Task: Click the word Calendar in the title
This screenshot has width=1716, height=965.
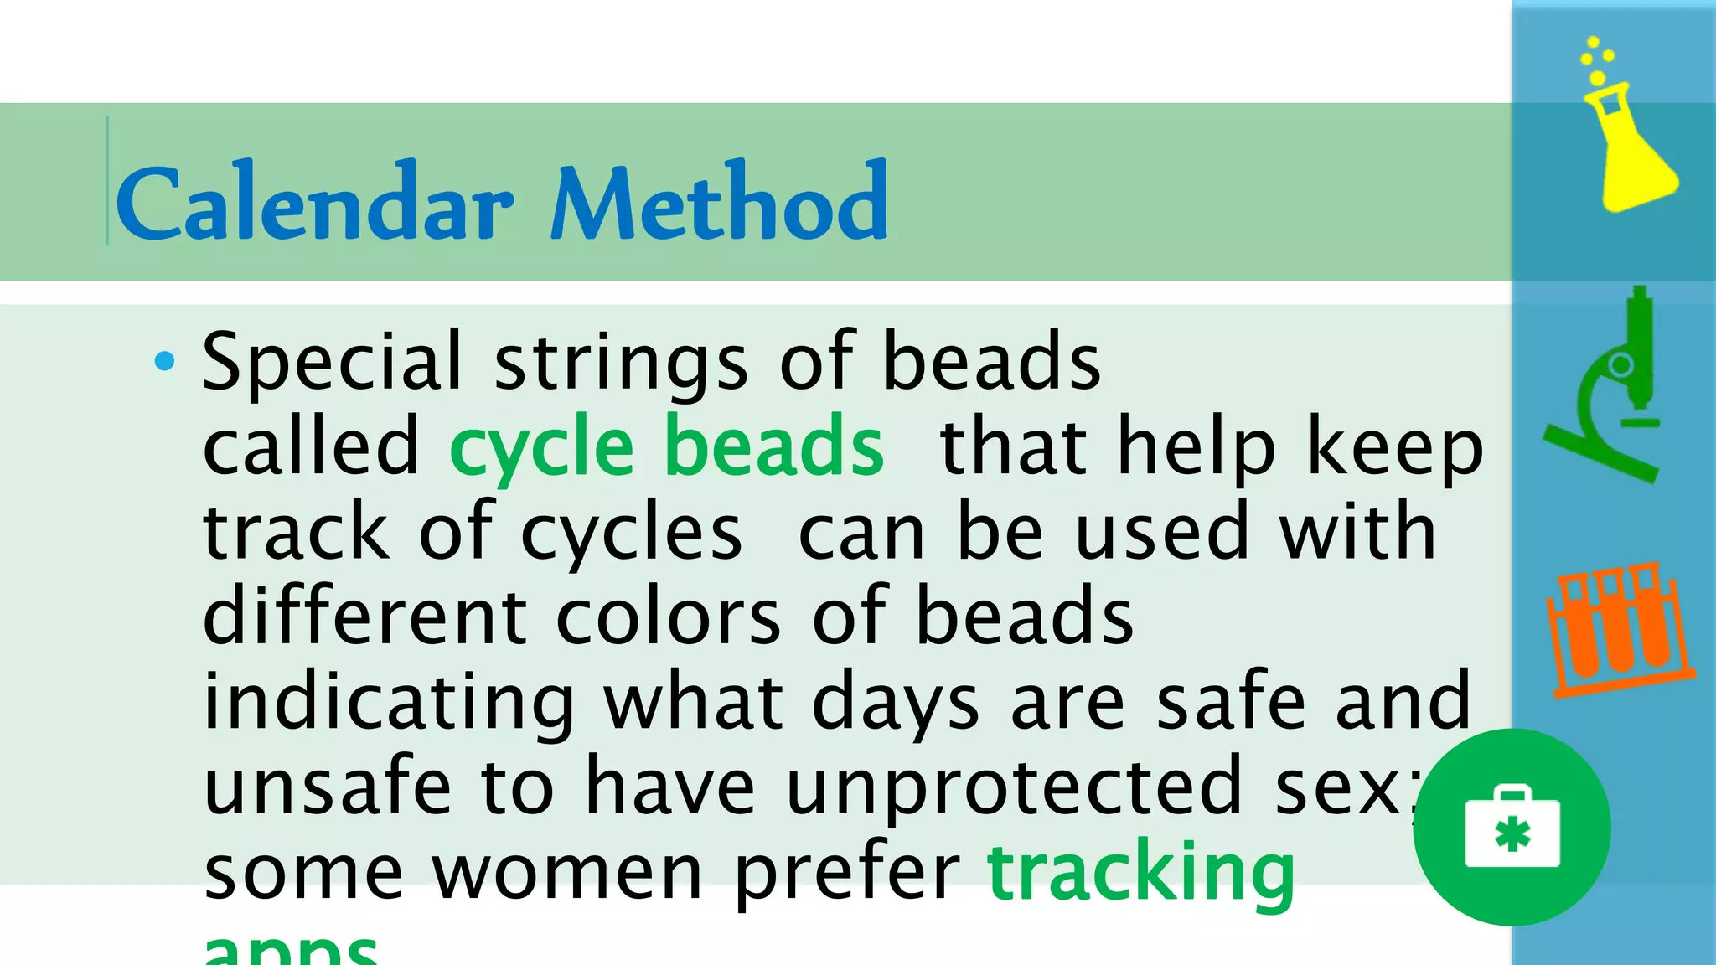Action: (314, 202)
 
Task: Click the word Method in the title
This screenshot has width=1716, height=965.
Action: (719, 202)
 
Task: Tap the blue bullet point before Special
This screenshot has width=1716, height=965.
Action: (165, 362)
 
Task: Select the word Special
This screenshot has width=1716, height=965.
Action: (332, 362)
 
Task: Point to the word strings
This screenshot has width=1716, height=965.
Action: (621, 364)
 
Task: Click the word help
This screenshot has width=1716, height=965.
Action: (1197, 448)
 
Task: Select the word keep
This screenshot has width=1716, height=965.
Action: (1395, 448)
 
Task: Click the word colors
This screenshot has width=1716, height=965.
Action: (669, 617)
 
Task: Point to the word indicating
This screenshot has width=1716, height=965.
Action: (389, 702)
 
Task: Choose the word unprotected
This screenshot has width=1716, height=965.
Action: (1014, 787)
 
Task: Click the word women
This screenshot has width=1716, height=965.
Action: (567, 873)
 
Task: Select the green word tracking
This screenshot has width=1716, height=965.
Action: (1141, 873)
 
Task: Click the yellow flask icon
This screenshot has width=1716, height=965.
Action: (1628, 134)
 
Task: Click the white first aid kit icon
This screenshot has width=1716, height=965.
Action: (1512, 828)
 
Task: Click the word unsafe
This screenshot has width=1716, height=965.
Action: (328, 787)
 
